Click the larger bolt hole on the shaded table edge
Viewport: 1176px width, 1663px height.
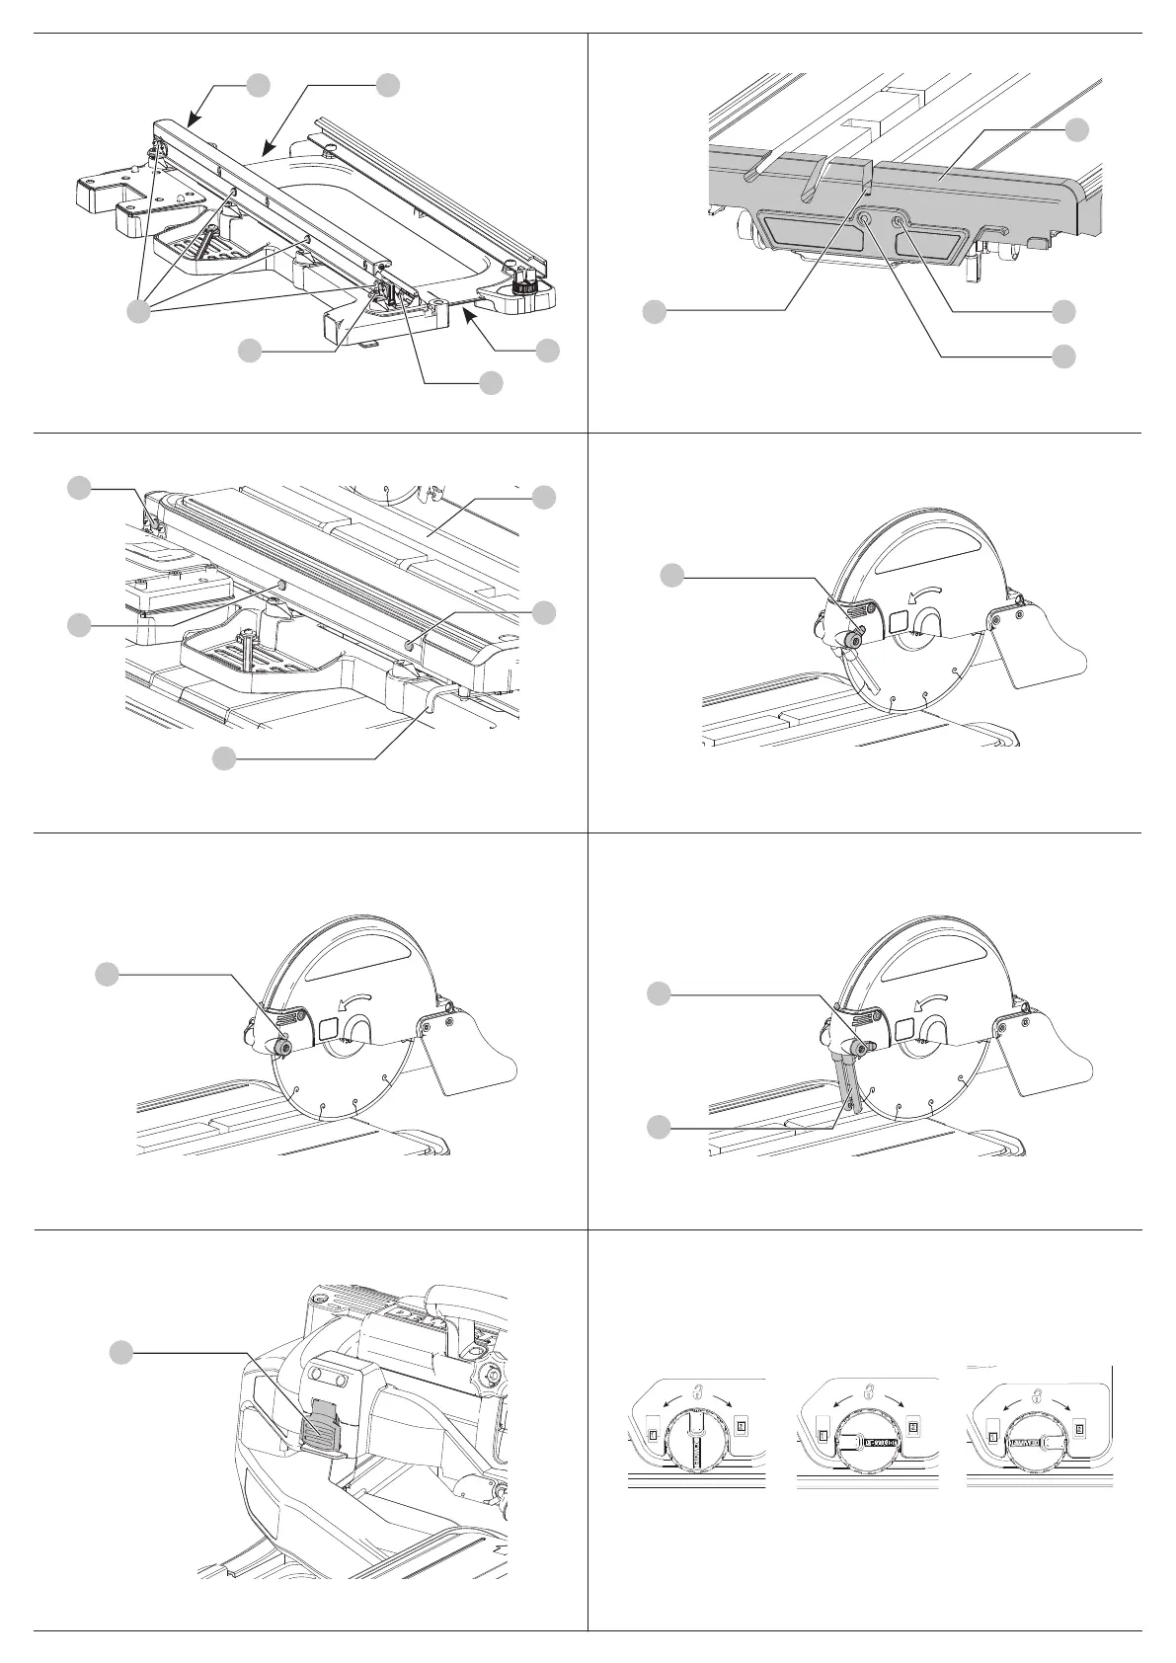pyautogui.click(x=864, y=220)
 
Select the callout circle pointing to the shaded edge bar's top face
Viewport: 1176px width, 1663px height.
pyautogui.click(x=1077, y=128)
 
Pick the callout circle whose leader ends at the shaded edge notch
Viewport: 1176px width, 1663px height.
pyautogui.click(x=653, y=312)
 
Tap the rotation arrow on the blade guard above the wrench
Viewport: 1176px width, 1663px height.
pyautogui.click(x=929, y=1001)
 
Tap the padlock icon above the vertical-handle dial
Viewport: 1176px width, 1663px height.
pyautogui.click(x=697, y=1392)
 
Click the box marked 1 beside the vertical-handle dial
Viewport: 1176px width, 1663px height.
pyautogui.click(x=652, y=1428)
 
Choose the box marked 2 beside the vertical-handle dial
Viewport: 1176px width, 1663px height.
pyautogui.click(x=742, y=1426)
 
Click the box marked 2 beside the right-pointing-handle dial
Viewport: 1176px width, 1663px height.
pyautogui.click(x=1080, y=1428)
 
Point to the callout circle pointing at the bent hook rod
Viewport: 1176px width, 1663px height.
pyautogui.click(x=225, y=757)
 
